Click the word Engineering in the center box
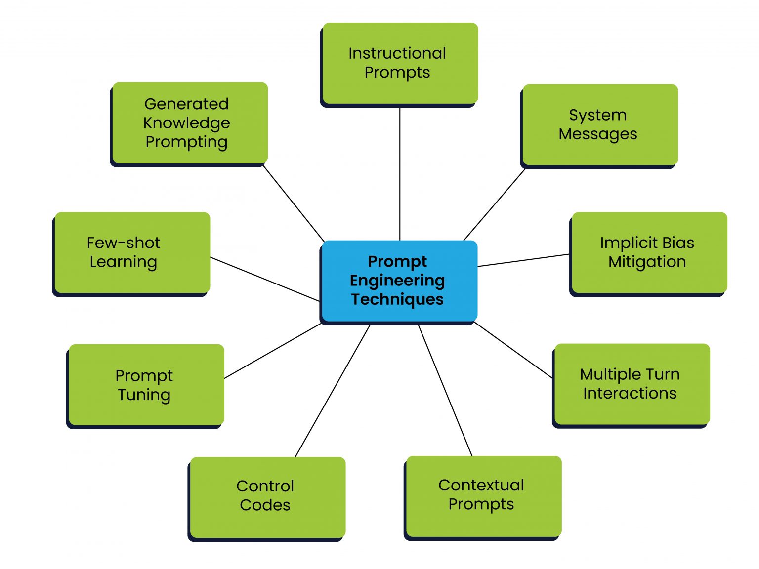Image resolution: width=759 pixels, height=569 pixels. pos(397,281)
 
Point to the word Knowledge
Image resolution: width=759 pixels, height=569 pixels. pos(187,122)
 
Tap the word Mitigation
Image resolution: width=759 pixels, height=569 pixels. pos(647,262)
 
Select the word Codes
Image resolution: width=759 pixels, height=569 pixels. pos(265,505)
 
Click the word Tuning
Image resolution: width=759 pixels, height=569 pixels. pos(144,395)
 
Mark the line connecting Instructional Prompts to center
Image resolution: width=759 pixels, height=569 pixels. pos(400,173)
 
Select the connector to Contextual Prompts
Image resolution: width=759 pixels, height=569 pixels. pos(445,390)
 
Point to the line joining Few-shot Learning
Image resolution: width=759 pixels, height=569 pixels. pos(265,279)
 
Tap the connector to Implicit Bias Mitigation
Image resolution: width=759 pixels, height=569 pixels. pos(524,260)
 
